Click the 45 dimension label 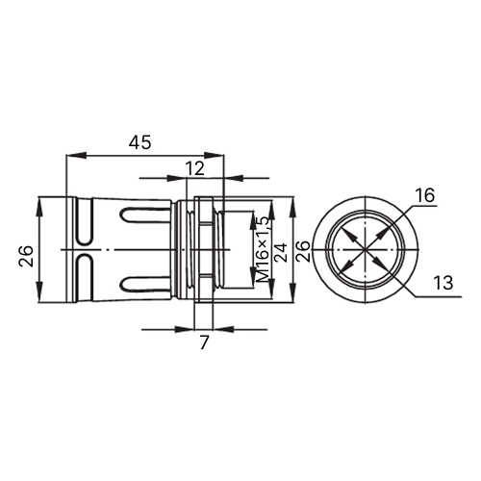pos(139,142)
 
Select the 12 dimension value pos(195,168)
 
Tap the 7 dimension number pos(204,342)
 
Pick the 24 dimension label pos(282,253)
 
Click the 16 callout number pos(425,195)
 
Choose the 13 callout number pos(443,283)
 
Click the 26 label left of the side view pos(26,256)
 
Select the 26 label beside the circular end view pos(303,251)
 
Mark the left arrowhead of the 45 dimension pos(76,156)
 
